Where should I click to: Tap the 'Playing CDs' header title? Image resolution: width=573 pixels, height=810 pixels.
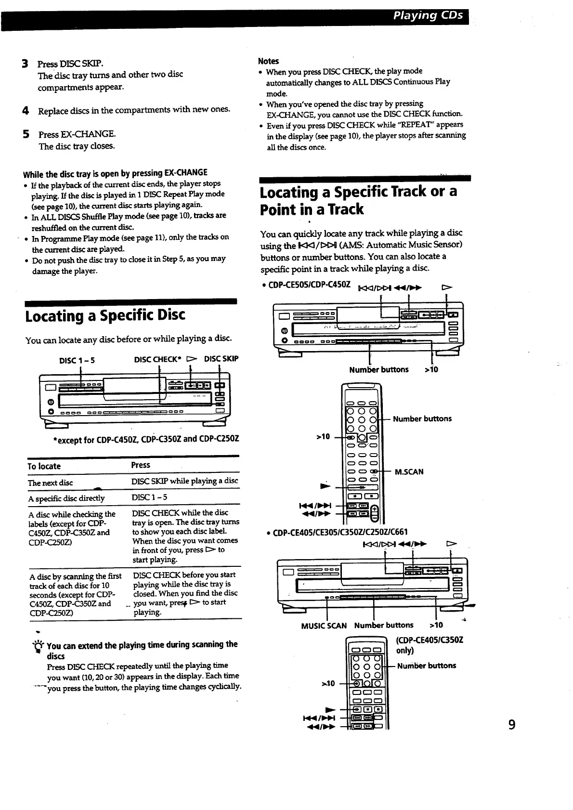[428, 15]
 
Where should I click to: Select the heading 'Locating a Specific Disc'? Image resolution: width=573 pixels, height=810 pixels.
[105, 315]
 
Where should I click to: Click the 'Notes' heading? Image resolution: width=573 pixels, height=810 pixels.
[268, 61]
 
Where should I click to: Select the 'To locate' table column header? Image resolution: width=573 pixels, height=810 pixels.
[44, 466]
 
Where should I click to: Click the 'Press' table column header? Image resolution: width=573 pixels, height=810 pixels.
[141, 465]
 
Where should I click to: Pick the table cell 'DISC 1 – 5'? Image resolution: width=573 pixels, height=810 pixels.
[149, 497]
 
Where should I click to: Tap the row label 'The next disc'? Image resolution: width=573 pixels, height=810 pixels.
[50, 483]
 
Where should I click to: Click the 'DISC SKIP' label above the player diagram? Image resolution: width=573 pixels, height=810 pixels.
[221, 359]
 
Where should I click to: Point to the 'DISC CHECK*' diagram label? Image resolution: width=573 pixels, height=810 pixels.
[157, 359]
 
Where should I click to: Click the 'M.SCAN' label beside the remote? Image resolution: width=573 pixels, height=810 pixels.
[409, 472]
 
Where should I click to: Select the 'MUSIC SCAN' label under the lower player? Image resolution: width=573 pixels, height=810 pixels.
[324, 626]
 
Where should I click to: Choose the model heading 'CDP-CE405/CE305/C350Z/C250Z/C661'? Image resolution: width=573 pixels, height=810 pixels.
[340, 532]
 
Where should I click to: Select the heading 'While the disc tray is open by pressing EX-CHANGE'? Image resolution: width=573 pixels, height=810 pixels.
[115, 172]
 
